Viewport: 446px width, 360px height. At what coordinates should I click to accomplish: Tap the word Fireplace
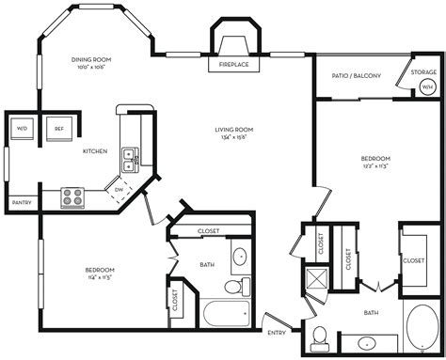[x=233, y=66]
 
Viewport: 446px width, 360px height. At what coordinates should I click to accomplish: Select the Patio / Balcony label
[x=357, y=76]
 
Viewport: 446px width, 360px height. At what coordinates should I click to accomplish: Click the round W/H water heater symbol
[x=426, y=87]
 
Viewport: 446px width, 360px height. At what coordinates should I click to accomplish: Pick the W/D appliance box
[x=21, y=129]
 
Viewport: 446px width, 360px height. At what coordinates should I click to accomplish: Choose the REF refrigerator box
[x=58, y=129]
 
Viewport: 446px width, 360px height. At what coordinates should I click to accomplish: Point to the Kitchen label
[x=95, y=151]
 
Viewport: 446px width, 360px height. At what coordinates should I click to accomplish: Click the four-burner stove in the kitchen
[x=73, y=196]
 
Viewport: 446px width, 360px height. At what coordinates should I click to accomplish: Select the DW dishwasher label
[x=118, y=189]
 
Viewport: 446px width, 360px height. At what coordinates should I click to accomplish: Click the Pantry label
[x=20, y=203]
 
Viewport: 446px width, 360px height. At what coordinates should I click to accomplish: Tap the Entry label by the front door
[x=277, y=333]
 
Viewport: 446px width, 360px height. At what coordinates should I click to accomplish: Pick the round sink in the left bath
[x=239, y=255]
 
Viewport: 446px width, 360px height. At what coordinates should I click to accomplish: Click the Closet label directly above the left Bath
[x=209, y=231]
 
